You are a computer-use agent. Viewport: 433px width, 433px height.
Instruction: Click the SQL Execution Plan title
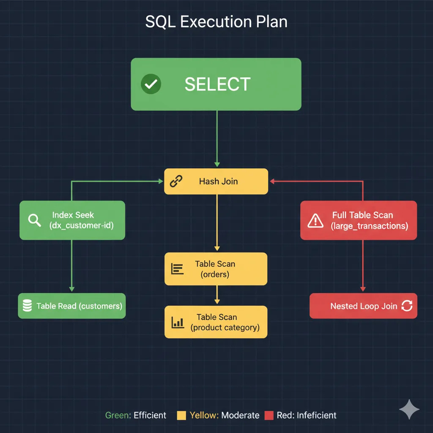[x=216, y=22]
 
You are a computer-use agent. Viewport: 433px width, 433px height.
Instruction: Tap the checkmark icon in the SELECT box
[x=151, y=84]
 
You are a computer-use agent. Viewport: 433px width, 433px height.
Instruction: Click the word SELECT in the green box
[x=217, y=85]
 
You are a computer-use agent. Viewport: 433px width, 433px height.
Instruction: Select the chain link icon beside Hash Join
[x=175, y=181]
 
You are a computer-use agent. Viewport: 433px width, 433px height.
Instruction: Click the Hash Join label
[x=218, y=181]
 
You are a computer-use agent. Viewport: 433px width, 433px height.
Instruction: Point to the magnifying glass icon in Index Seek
[x=34, y=220]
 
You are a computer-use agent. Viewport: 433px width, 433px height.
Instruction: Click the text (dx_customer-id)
[x=81, y=225]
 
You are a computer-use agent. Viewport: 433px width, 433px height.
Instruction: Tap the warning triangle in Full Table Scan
[x=315, y=220]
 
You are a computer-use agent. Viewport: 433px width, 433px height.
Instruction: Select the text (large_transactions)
[x=369, y=226]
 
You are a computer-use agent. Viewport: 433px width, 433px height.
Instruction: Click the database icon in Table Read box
[x=27, y=306]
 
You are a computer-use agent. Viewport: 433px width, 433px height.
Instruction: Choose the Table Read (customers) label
[x=79, y=306]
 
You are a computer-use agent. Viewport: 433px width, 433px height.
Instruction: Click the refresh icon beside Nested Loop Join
[x=406, y=306]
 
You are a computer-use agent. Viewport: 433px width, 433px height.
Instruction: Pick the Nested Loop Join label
[x=364, y=306]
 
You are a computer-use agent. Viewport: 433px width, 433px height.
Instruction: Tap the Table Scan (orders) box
[x=216, y=269]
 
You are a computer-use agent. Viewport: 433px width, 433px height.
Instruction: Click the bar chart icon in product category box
[x=178, y=323]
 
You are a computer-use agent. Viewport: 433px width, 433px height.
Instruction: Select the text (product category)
[x=225, y=327]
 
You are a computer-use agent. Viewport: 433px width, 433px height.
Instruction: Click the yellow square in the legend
[x=181, y=415]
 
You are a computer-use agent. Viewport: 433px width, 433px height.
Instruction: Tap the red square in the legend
[x=269, y=415]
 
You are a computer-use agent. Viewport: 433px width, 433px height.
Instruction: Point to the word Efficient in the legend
[x=150, y=415]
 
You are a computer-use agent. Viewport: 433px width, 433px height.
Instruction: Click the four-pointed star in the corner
[x=409, y=410]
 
